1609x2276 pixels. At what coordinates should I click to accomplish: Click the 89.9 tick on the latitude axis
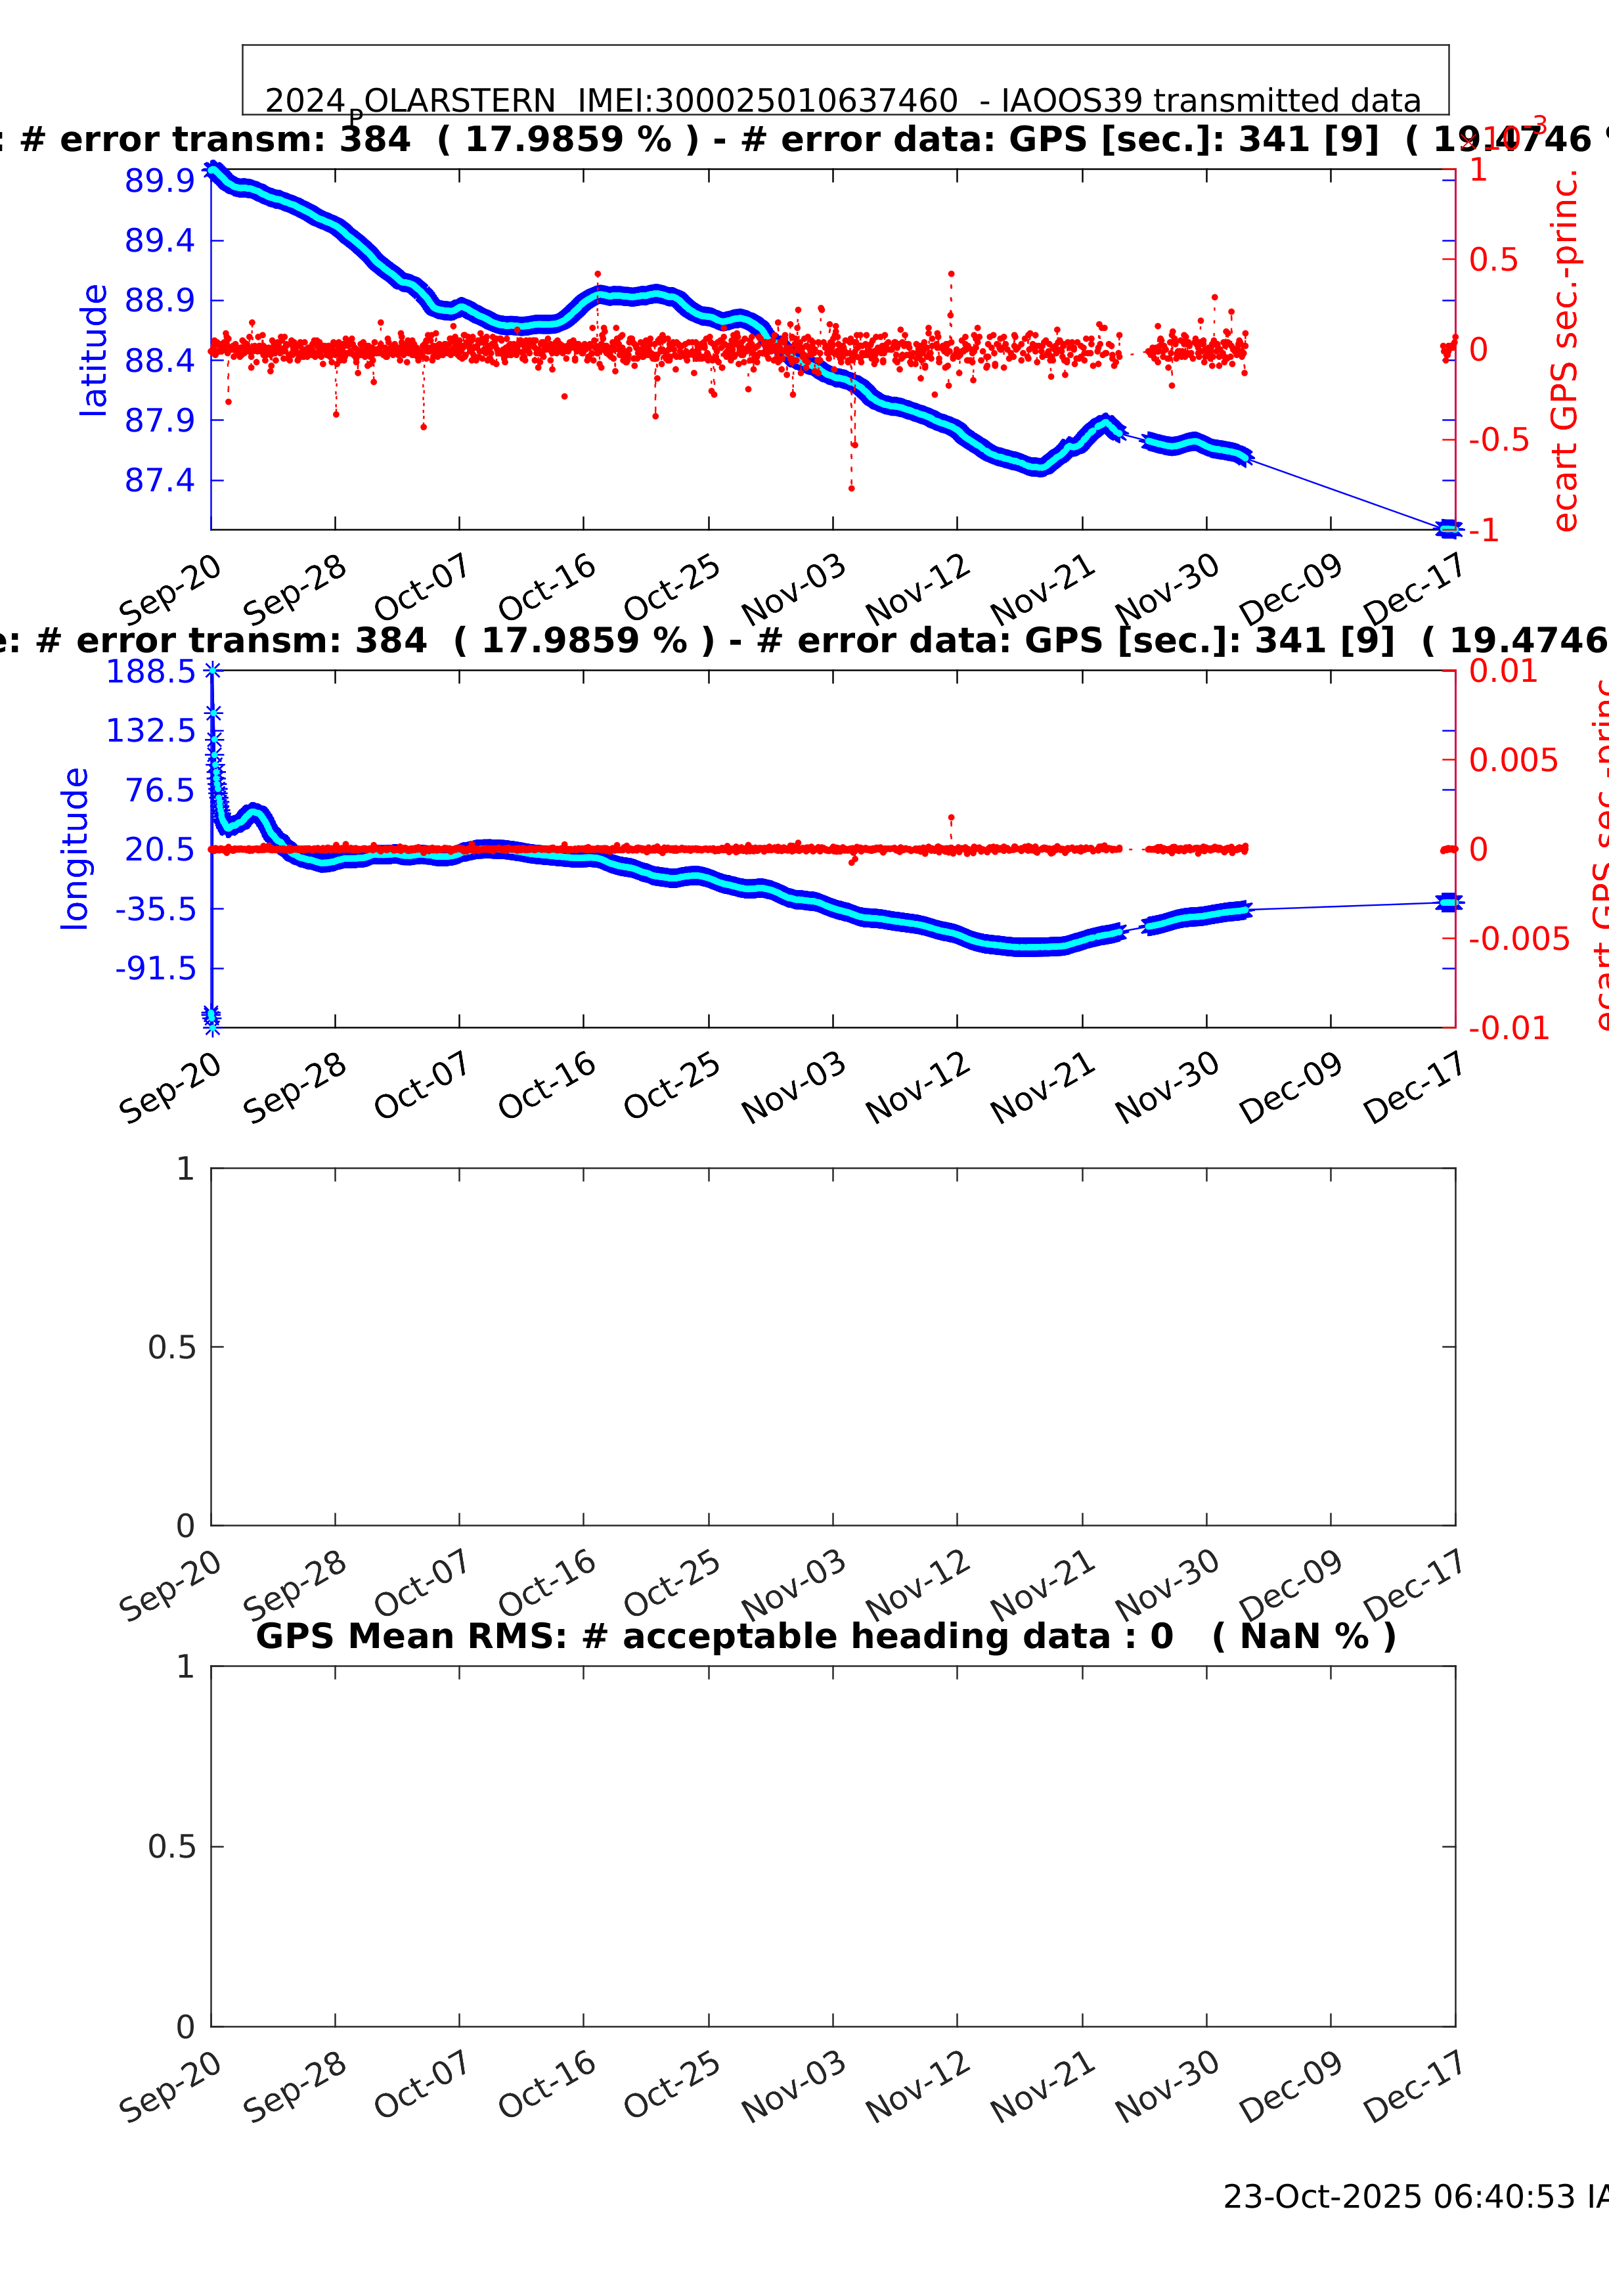tap(160, 181)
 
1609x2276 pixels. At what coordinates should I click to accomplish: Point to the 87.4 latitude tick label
tap(160, 481)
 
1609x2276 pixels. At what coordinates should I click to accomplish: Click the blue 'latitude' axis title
tap(93, 350)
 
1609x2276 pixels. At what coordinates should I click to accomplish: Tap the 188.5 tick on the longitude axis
tap(150, 672)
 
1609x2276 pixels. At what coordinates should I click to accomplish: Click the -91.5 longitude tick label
tap(156, 968)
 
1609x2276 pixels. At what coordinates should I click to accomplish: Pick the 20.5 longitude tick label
tap(160, 849)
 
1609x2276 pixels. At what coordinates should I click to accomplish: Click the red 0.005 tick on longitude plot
tap(1513, 761)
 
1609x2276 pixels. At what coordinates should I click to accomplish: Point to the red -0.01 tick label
tap(1508, 1028)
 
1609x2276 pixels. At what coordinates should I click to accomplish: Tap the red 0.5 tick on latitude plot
tap(1493, 259)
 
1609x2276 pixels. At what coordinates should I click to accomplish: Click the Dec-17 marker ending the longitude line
tap(1448, 902)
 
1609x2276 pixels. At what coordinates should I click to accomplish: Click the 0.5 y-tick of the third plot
tap(171, 1347)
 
